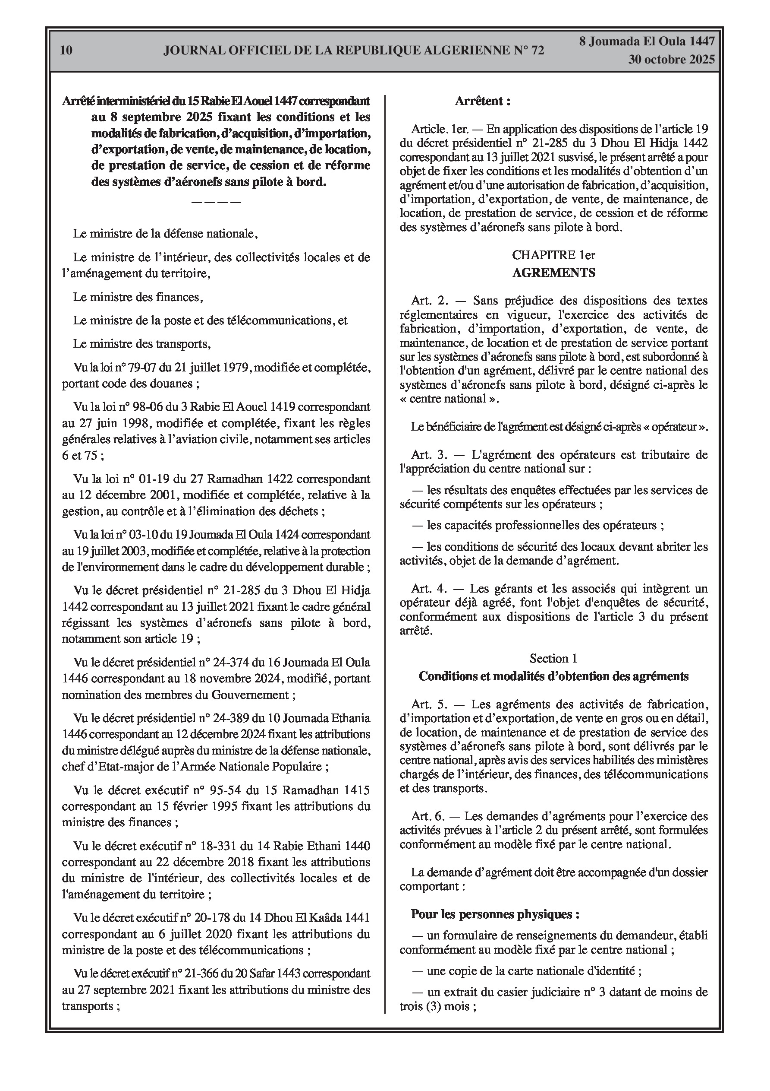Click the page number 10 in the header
click(x=66, y=51)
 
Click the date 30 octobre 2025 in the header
click(x=671, y=60)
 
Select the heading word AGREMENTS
click(x=553, y=273)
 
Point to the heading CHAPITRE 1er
click(x=553, y=255)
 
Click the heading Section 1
click(x=553, y=659)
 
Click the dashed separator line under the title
click(x=216, y=202)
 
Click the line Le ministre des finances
click(x=138, y=298)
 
